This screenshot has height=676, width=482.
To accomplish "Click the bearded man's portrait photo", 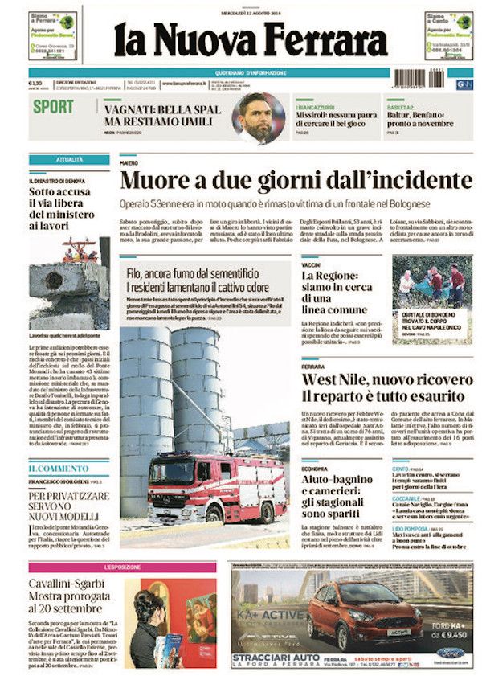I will pos(258,118).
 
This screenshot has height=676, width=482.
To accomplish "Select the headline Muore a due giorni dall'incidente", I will pos(296,179).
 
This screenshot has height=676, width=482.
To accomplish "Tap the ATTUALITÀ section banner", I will pos(69,159).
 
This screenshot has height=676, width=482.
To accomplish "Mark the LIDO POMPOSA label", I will pos(410,529).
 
